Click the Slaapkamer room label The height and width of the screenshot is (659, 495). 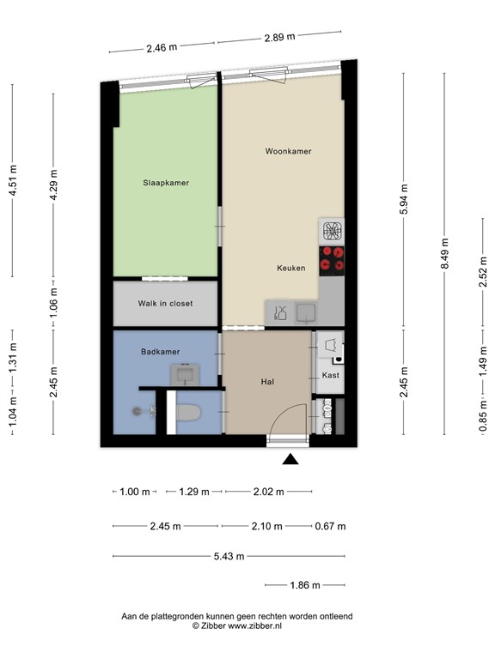coord(166,183)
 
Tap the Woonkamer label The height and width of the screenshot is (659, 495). coord(288,151)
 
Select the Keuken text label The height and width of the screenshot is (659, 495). coord(290,268)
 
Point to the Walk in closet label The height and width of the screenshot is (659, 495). coord(165,304)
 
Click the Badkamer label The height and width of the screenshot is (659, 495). coord(160,351)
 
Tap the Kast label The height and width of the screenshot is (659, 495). coord(330,376)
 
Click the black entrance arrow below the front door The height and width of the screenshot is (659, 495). coord(291,460)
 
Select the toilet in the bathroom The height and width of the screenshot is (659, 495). coord(186,414)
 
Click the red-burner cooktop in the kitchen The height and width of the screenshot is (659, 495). coord(332,257)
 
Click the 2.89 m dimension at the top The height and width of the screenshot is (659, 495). coord(278,36)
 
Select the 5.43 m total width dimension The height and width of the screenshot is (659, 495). coord(229,556)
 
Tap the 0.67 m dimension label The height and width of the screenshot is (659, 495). coord(330,526)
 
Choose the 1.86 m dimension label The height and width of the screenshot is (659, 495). coord(304,585)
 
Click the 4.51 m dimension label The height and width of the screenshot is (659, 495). coord(12,181)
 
